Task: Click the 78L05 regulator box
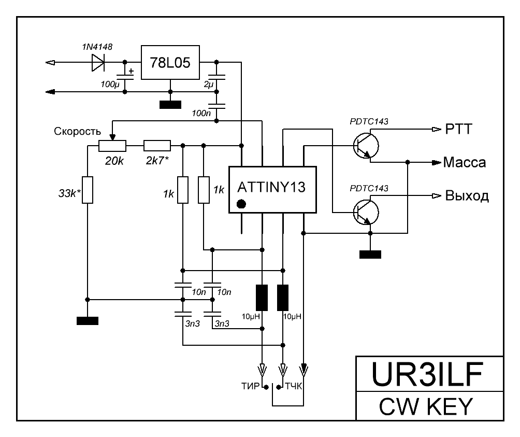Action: [x=170, y=63]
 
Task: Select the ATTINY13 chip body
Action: [x=273, y=190]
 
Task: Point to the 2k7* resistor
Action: [x=156, y=146]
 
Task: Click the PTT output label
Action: [x=458, y=129]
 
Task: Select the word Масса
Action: [x=465, y=162]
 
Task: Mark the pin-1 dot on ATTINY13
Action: [x=241, y=204]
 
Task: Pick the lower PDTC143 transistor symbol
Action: [x=366, y=212]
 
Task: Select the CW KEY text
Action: [x=430, y=406]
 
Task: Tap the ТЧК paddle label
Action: [x=293, y=386]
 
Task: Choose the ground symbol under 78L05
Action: [x=170, y=104]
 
